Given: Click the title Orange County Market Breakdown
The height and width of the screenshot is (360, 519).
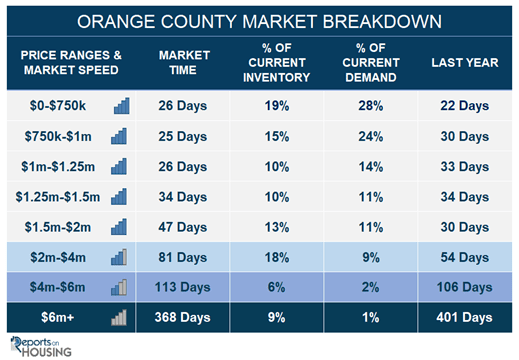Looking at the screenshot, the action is click(x=259, y=21).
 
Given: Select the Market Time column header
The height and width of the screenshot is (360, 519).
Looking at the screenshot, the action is click(x=184, y=62).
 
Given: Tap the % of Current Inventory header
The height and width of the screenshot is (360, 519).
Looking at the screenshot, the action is click(x=277, y=62).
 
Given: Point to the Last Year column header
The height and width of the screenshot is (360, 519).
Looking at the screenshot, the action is click(x=465, y=62).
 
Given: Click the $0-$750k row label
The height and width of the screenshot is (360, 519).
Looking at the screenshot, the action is click(x=58, y=106).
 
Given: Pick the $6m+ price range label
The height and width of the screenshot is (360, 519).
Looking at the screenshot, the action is click(x=57, y=317).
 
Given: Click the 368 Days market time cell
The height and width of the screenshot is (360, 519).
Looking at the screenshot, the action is click(x=182, y=317).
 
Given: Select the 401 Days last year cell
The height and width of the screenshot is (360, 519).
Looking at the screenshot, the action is click(x=464, y=317).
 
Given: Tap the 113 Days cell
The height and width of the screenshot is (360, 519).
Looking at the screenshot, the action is click(x=182, y=287).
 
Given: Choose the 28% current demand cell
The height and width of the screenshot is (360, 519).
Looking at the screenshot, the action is click(x=371, y=106).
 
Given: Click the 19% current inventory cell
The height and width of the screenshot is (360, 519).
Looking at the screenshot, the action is click(x=277, y=106).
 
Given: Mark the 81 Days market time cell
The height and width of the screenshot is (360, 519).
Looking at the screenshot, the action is click(x=182, y=257).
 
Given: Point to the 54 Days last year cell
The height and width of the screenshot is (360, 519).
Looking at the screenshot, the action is click(x=465, y=257).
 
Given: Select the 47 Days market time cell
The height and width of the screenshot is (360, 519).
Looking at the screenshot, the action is click(x=182, y=227).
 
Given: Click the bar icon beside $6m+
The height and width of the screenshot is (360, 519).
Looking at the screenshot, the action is click(x=119, y=317).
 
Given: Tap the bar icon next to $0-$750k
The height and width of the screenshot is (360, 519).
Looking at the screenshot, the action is click(x=122, y=106).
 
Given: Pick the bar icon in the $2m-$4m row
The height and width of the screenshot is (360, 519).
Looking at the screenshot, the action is click(x=119, y=257).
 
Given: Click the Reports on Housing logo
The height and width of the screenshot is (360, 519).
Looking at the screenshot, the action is click(x=41, y=347).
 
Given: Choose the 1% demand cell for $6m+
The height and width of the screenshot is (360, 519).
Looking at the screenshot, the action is click(x=371, y=317).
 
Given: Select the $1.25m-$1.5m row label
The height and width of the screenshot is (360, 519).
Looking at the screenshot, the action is click(x=58, y=197).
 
